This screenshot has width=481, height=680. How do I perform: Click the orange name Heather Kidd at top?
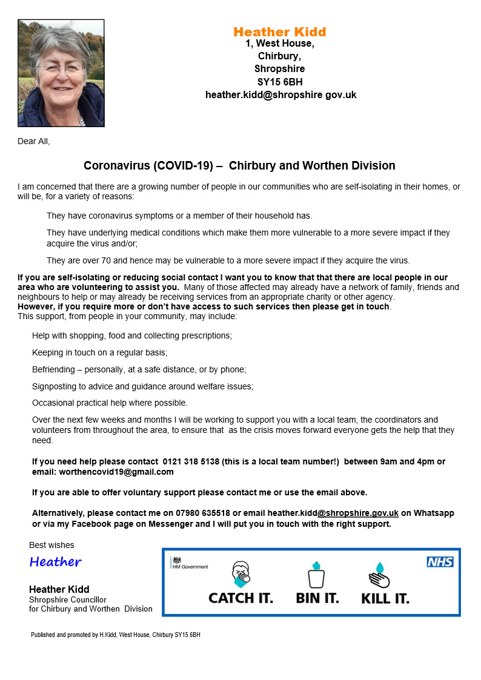tap(279, 32)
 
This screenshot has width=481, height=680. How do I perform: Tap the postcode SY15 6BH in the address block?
tap(279, 82)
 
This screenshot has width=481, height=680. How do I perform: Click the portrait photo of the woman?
tap(61, 73)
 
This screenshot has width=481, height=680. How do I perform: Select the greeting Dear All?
tap(34, 142)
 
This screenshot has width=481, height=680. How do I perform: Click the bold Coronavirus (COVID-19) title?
tap(239, 165)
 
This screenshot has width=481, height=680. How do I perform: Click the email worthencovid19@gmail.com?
tap(116, 472)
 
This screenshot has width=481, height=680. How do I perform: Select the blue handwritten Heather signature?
tap(55, 562)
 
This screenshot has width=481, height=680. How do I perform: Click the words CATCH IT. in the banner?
tap(240, 598)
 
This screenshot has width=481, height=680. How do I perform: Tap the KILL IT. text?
tap(385, 599)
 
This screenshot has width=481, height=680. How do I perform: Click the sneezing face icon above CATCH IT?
tap(240, 574)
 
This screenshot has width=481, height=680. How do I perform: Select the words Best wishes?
tap(51, 546)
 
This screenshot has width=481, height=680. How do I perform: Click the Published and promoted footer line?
tap(115, 635)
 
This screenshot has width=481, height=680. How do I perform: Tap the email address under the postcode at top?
tap(280, 95)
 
